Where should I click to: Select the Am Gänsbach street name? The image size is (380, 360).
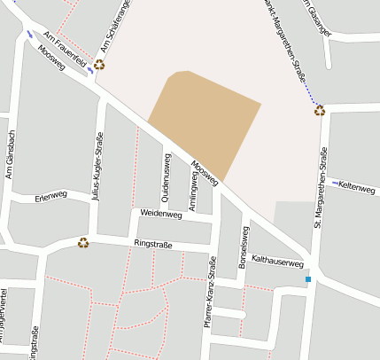(x=11, y=154)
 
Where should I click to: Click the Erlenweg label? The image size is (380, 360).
(x=51, y=195)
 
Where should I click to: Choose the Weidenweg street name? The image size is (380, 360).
(x=160, y=214)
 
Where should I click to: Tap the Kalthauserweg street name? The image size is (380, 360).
(x=278, y=262)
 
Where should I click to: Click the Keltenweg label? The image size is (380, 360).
(x=358, y=187)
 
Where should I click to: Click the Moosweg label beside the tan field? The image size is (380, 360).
(x=205, y=172)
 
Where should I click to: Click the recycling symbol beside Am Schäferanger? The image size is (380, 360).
(x=99, y=65)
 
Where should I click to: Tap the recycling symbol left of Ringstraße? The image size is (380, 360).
(x=83, y=242)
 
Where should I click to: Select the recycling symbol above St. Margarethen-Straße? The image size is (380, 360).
(x=319, y=111)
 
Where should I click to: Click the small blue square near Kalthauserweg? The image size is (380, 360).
(x=308, y=280)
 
